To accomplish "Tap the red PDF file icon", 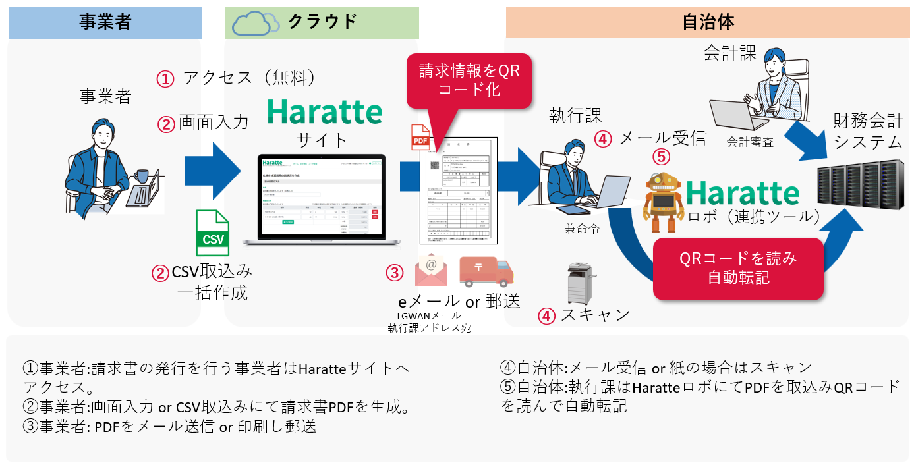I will (x=420, y=138).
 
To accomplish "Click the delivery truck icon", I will (x=486, y=272).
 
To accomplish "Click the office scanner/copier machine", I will (x=580, y=284).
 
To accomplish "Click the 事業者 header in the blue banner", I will (x=105, y=22).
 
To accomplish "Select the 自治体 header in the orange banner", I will (x=708, y=22).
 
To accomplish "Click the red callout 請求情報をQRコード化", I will (x=469, y=80).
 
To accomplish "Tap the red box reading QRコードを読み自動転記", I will (x=738, y=267).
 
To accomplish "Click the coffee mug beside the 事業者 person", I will (x=141, y=176).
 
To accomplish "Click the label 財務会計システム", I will (x=858, y=131).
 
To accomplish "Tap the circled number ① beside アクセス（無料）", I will (x=165, y=79).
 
